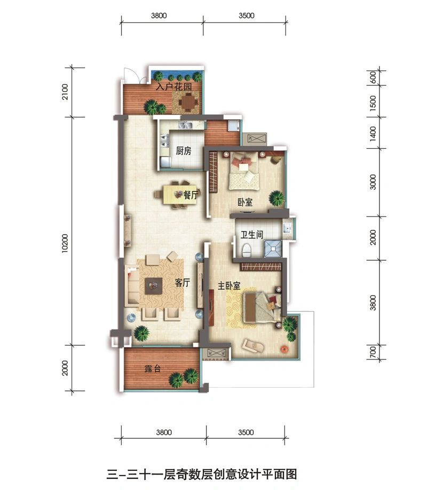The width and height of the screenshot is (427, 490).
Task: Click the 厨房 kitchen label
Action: click(183, 151)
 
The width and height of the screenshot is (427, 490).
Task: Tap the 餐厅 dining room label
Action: click(191, 195)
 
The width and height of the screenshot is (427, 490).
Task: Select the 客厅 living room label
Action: click(183, 283)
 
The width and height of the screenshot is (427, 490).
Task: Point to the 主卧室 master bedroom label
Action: click(229, 286)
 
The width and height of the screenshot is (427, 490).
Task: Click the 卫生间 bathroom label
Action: click(252, 235)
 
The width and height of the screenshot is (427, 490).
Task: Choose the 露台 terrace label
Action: click(153, 368)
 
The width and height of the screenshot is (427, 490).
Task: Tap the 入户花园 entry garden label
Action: click(174, 86)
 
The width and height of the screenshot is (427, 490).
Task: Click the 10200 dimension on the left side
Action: click(65, 243)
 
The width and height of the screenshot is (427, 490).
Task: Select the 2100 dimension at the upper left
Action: click(65, 92)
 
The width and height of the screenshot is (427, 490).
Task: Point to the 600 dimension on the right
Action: click(373, 77)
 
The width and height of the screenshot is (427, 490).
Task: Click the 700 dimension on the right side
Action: click(373, 352)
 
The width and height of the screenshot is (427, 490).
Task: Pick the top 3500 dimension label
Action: click(247, 15)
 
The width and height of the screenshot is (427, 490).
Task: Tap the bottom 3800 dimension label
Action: click(164, 432)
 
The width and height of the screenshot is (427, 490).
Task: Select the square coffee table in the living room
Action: click(153, 286)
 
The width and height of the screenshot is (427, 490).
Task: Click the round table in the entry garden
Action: click(188, 102)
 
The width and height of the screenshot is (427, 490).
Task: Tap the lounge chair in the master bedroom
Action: click(253, 346)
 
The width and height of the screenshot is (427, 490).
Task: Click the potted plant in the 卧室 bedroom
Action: click(276, 198)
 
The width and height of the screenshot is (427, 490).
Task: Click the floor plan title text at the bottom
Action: click(202, 474)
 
